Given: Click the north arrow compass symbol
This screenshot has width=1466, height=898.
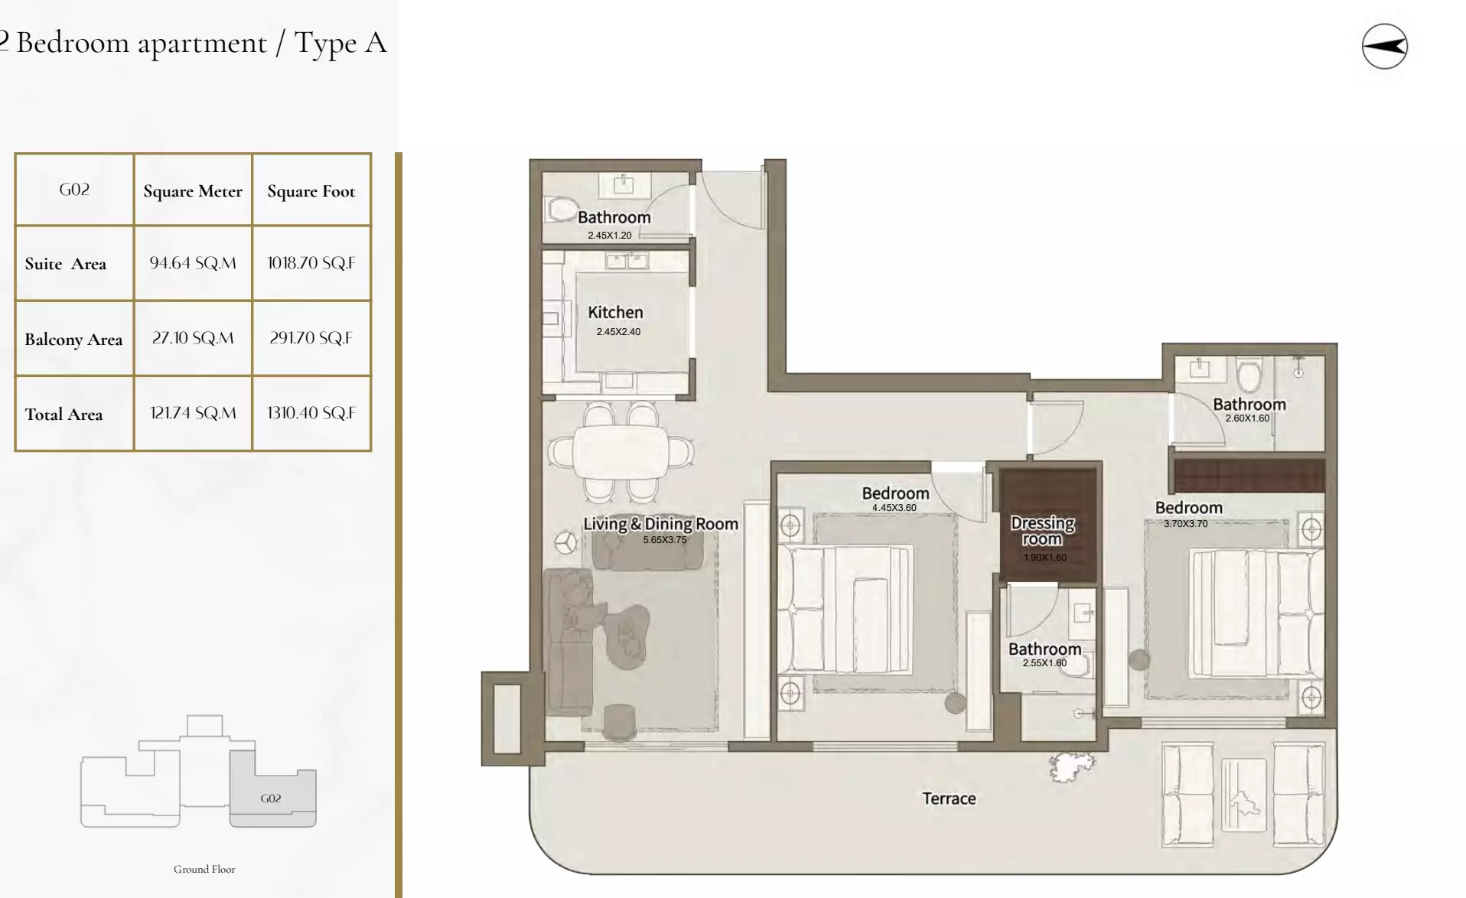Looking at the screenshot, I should pos(1384,47).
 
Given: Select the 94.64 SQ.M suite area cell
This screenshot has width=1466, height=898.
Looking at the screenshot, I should pos(193,263).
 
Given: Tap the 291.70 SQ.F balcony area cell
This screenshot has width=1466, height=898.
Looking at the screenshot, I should pos(311,338).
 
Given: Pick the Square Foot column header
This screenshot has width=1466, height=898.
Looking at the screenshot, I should pos(311,191).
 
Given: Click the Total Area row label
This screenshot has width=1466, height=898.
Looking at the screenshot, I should pos(64,415).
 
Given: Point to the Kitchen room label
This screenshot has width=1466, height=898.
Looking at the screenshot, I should pos(615,312).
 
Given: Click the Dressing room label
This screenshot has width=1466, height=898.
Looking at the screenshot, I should pos(1042,531).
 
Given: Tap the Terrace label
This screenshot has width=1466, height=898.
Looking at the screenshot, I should pos(949,799).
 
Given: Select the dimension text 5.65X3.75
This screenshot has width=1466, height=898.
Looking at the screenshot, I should pos(664,540).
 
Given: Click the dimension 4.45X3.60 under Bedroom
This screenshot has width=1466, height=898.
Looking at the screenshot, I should pos(894,508).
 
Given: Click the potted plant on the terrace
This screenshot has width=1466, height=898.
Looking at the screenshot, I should pos(1070,766).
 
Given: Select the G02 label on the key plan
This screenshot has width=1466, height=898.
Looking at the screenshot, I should pos(270,799).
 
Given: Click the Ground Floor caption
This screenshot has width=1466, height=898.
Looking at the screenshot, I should pos(204,869).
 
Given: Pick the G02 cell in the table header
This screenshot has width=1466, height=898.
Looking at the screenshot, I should pos(74,190).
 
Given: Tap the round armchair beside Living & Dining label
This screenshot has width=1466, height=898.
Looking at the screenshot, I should pos(566,542).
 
